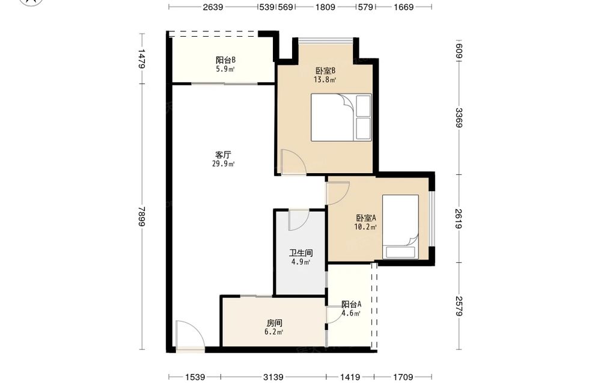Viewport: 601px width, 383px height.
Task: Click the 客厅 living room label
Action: tap(223, 155)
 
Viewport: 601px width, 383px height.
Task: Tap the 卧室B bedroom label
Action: tap(325, 70)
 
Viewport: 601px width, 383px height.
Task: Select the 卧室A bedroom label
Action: tap(366, 218)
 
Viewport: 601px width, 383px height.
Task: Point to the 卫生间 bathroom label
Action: tap(301, 253)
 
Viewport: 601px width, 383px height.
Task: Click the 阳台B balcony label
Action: tap(225, 60)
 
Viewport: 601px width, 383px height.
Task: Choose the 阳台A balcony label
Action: tap(352, 304)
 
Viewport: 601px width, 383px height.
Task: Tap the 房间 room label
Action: tap(275, 323)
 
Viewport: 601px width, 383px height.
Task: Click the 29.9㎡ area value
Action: tap(224, 164)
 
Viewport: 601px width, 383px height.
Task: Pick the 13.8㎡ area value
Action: tap(325, 80)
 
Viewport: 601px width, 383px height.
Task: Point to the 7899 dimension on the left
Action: tap(142, 216)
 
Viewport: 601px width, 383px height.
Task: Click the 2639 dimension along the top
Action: tap(213, 7)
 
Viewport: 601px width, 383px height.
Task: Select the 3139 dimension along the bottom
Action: tap(273, 377)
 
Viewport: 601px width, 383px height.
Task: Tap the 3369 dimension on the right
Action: tap(459, 118)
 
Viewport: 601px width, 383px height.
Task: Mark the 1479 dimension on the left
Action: tap(142, 59)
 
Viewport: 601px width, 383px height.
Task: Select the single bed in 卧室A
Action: tap(400, 227)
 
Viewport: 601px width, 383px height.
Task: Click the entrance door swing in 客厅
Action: tap(190, 335)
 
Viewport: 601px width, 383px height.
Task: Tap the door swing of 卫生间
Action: tap(299, 220)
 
